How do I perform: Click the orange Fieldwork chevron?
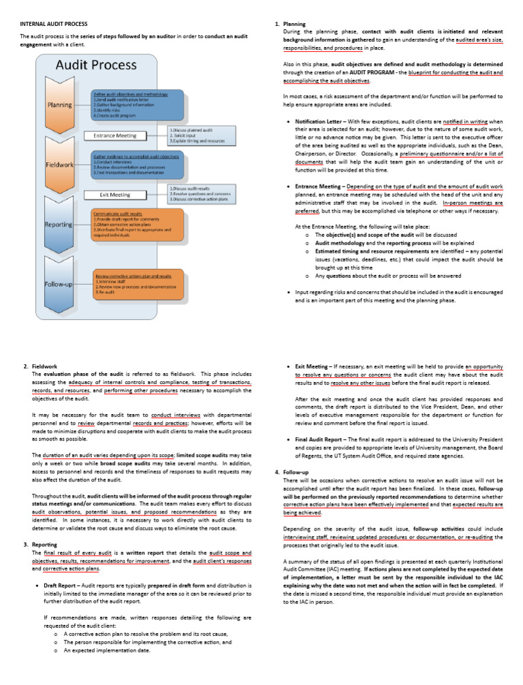pyautogui.click(x=60, y=165)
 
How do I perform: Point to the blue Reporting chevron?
pyautogui.click(x=60, y=224)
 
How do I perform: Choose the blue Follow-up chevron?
pyautogui.click(x=60, y=283)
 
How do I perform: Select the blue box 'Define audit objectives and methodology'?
pyautogui.click(x=136, y=105)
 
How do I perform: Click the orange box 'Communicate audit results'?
pyautogui.click(x=136, y=223)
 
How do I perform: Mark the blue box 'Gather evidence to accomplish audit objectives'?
pyautogui.click(x=136, y=165)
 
